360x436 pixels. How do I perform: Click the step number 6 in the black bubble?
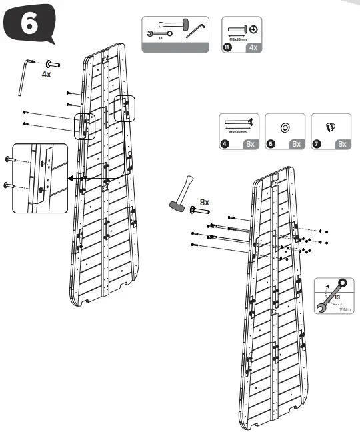coord(28,25)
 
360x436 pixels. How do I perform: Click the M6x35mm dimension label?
coord(237,39)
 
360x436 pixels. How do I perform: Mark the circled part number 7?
coord(316,143)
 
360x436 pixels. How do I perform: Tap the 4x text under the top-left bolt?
coord(46,76)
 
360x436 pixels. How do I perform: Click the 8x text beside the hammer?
coord(205,201)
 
